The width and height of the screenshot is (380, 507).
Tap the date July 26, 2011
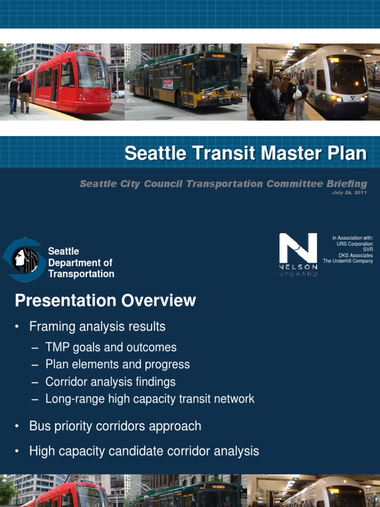tap(349, 193)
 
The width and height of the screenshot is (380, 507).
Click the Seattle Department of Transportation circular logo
tap(24, 259)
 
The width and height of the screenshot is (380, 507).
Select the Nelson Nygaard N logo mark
tap(298, 249)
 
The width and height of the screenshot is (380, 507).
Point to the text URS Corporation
tap(354, 244)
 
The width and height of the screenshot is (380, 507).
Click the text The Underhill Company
tap(348, 261)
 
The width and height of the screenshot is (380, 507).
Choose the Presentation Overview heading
tap(105, 301)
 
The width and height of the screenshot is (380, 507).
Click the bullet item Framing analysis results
tap(97, 327)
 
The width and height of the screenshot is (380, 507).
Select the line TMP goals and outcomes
tap(111, 348)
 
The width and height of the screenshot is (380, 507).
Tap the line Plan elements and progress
tap(117, 364)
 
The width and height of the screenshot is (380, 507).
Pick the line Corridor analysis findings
tap(110, 382)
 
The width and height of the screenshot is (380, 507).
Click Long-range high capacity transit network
tap(150, 399)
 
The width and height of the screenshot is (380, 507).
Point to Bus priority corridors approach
tap(115, 426)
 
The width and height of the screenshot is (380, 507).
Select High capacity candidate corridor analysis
tap(144, 451)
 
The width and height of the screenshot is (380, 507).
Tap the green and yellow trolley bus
tap(188, 79)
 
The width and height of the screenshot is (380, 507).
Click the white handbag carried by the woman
tap(297, 94)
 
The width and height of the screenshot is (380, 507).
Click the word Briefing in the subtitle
tap(346, 184)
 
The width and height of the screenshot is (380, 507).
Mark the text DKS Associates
tap(355, 255)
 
